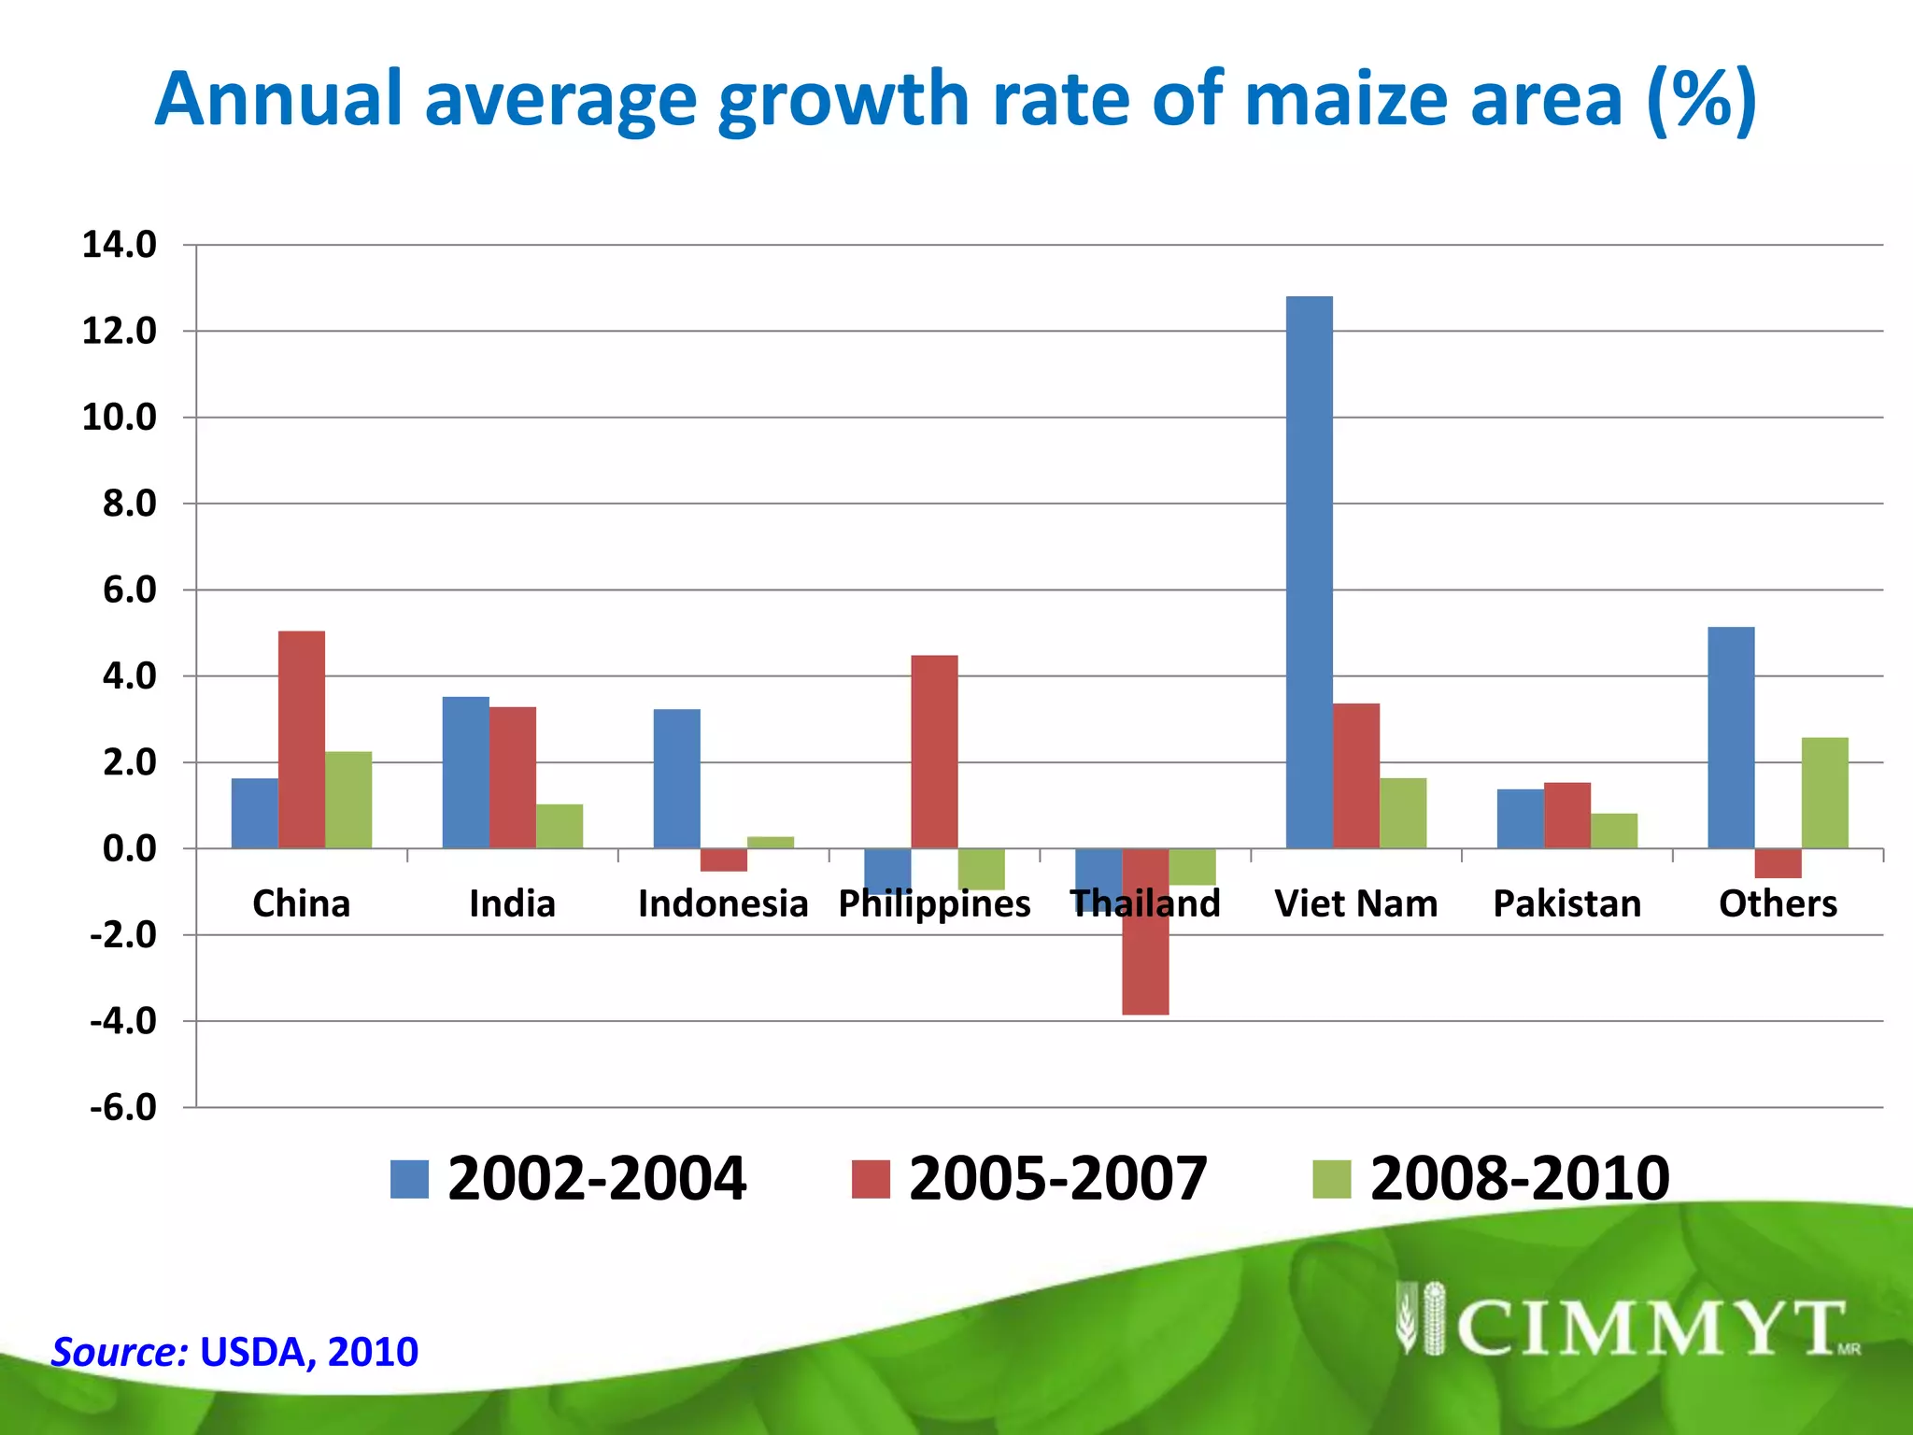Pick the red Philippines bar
(x=934, y=752)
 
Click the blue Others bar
(x=1731, y=738)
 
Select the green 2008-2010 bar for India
(x=560, y=826)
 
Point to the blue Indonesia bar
(x=676, y=779)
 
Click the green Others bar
(x=1824, y=793)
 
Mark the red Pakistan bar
(x=1566, y=816)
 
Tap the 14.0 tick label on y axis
(x=119, y=245)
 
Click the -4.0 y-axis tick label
(x=123, y=1021)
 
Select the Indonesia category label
(x=722, y=903)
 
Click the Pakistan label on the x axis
(x=1566, y=903)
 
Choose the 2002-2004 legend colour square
(x=409, y=1179)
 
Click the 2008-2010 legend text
(x=1519, y=1179)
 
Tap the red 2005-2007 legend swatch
(x=871, y=1179)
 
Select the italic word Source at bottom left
(x=120, y=1352)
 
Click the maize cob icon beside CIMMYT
(x=1420, y=1318)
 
